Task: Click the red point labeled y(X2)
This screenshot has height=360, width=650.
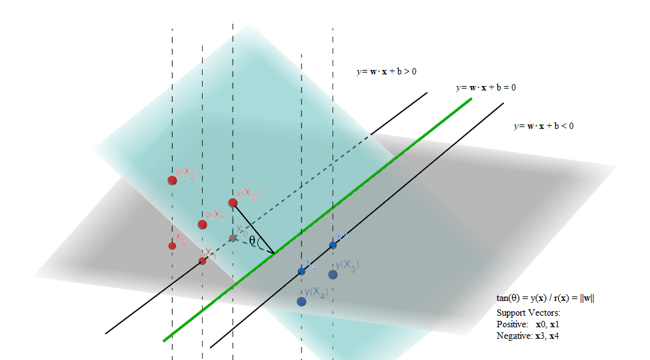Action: click(x=172, y=180)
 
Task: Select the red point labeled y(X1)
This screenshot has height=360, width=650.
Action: click(x=202, y=225)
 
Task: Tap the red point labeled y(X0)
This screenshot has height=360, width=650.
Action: click(x=233, y=203)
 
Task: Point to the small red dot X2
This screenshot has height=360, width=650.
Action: click(x=172, y=246)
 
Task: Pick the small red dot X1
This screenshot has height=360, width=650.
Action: click(x=202, y=261)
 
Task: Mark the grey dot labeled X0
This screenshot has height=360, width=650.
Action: click(x=233, y=238)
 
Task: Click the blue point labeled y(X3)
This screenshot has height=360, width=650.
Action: click(x=332, y=275)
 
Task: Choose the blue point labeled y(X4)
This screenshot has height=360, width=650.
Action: click(x=301, y=302)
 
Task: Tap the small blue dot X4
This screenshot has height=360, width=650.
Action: click(x=302, y=271)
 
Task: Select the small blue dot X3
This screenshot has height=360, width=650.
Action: click(x=332, y=245)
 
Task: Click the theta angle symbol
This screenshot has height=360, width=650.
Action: click(x=252, y=241)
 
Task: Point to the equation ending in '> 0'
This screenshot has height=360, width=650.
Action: click(x=386, y=72)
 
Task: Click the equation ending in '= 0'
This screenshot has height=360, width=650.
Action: click(x=485, y=87)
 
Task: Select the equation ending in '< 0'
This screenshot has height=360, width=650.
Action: click(x=543, y=126)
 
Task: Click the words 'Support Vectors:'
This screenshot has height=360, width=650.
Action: click(x=528, y=313)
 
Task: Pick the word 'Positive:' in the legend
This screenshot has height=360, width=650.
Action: click(x=512, y=324)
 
